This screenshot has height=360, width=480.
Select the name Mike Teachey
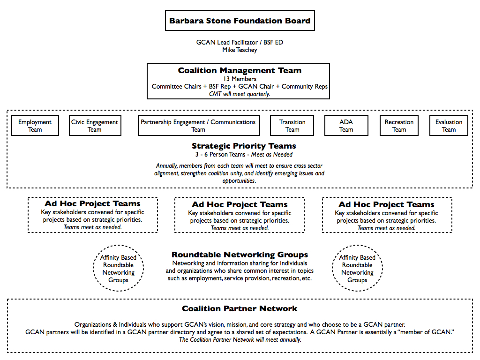(x=240, y=50)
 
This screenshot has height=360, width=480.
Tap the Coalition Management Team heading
(x=240, y=70)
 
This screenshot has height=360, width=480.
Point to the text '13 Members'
(x=240, y=79)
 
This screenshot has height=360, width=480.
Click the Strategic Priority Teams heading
(x=244, y=146)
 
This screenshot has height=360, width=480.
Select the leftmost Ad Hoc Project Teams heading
(x=92, y=203)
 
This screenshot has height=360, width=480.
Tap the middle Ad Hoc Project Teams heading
(x=240, y=204)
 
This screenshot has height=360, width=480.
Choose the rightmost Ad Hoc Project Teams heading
(x=386, y=204)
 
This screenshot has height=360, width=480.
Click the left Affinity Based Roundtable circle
(x=93, y=268)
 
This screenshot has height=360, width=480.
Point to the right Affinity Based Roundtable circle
(x=332, y=268)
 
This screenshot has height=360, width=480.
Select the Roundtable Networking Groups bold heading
(x=240, y=255)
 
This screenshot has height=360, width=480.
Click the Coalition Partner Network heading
(x=240, y=308)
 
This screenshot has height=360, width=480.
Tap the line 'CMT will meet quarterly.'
(x=240, y=94)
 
